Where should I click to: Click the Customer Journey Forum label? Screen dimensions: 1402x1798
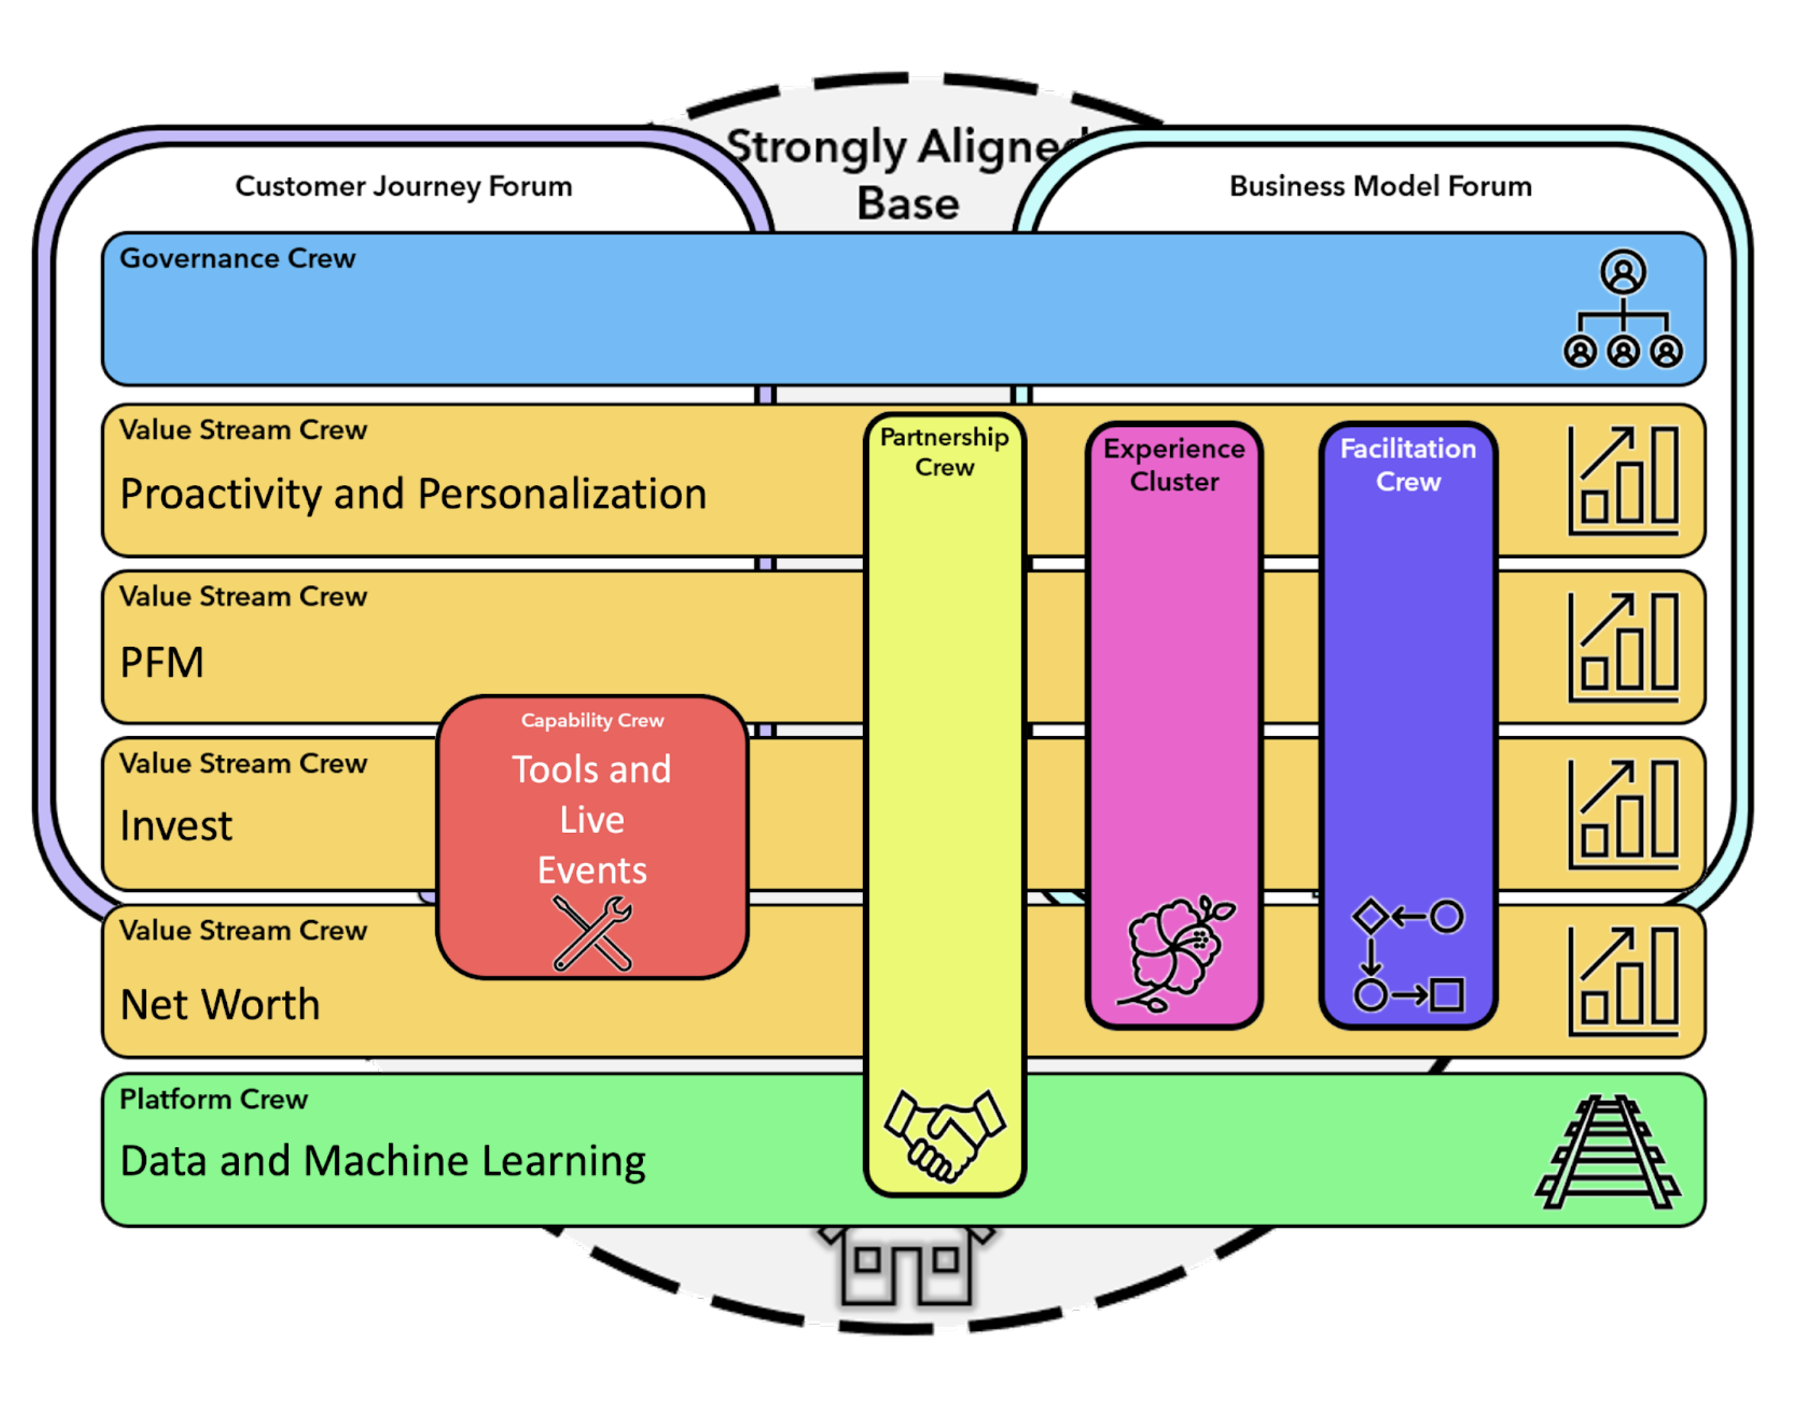point(403,186)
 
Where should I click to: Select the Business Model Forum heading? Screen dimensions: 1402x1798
point(1379,186)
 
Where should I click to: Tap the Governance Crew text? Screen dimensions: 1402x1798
point(237,259)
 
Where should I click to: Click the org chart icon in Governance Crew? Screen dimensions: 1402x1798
point(1622,309)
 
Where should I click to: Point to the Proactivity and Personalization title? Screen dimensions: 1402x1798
point(413,494)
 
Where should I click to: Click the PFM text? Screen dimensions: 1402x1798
point(161,663)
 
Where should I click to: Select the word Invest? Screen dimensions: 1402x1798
point(176,825)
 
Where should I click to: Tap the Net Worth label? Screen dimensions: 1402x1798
point(220,1004)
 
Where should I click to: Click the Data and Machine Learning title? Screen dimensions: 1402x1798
point(383,1161)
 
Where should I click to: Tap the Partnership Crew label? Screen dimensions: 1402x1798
point(944,451)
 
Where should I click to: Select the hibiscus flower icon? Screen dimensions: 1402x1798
point(1175,952)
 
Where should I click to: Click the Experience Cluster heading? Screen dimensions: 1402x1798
point(1174,464)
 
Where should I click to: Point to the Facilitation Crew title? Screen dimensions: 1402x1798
point(1408,464)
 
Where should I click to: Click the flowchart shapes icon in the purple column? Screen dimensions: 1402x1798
point(1408,955)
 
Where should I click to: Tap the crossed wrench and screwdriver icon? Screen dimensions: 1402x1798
point(592,932)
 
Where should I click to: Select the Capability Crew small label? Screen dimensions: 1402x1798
point(592,720)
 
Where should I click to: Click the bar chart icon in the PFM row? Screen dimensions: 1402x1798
point(1622,647)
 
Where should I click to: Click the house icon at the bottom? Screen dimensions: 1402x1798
point(907,1268)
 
